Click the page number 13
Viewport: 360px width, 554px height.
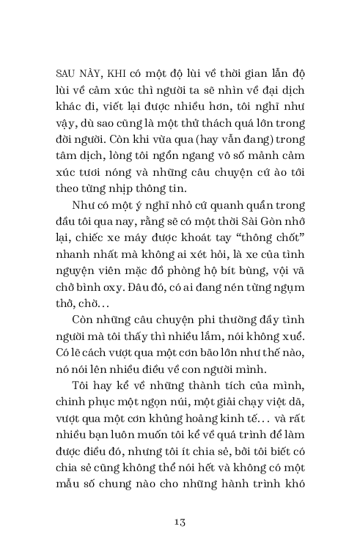pos(180,521)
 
